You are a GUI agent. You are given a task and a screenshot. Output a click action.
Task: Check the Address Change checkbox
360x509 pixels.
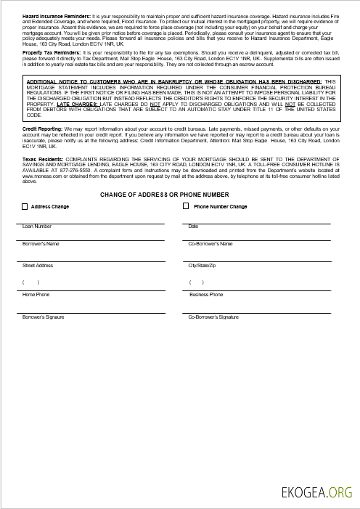coord(25,207)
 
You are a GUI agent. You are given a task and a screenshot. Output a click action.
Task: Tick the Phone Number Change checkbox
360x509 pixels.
coord(186,207)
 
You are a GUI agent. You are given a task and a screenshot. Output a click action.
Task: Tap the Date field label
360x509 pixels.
coord(193,227)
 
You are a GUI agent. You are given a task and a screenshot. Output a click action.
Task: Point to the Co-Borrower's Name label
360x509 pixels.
coord(210,244)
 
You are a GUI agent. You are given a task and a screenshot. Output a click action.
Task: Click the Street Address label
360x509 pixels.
coord(38,266)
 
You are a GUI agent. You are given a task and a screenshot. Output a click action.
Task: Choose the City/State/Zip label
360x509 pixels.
coord(202,266)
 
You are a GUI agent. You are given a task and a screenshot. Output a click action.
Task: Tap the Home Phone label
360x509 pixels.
coord(36,295)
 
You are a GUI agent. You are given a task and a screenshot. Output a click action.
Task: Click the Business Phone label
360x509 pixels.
coord(206,295)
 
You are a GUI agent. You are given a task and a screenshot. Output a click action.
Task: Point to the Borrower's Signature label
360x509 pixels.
coord(44,317)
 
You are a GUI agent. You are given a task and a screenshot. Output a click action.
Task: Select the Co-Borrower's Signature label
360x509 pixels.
coord(213,317)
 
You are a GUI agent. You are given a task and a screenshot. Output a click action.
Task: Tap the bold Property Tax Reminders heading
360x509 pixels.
coord(52,53)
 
